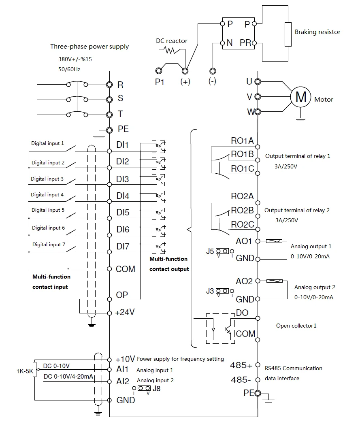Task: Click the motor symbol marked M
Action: tap(300, 97)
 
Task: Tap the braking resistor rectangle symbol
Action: tap(288, 34)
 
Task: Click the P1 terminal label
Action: tap(160, 82)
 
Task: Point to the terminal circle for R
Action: tap(109, 85)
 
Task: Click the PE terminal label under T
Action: tap(123, 129)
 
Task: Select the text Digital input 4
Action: tap(47, 195)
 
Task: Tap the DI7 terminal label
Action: tap(123, 247)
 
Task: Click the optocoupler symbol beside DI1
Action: tap(159, 147)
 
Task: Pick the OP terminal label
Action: tap(122, 295)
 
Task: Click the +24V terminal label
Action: tap(125, 312)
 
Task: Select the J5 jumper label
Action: tap(210, 251)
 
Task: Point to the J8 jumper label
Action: tap(156, 388)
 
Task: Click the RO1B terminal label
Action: tap(243, 154)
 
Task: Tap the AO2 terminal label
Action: tap(244, 281)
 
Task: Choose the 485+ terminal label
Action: tap(241, 365)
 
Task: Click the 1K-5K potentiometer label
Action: tap(25, 371)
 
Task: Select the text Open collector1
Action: tap(296, 326)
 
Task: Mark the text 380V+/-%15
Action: tap(75, 59)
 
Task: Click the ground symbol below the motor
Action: tap(300, 119)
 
